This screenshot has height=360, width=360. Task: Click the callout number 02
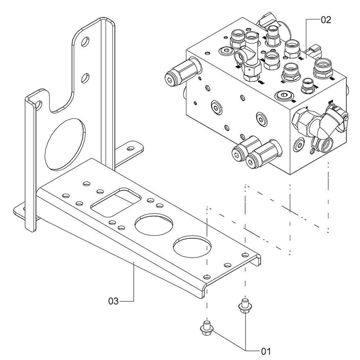pyautogui.click(x=325, y=20)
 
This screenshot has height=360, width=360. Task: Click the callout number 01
pyautogui.click(x=265, y=350)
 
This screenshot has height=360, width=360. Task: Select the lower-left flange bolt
pyautogui.click(x=206, y=327)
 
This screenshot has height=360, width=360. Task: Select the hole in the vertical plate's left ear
pyautogui.click(x=37, y=105)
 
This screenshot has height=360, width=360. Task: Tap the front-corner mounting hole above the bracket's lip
pyautogui.click(x=206, y=277)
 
